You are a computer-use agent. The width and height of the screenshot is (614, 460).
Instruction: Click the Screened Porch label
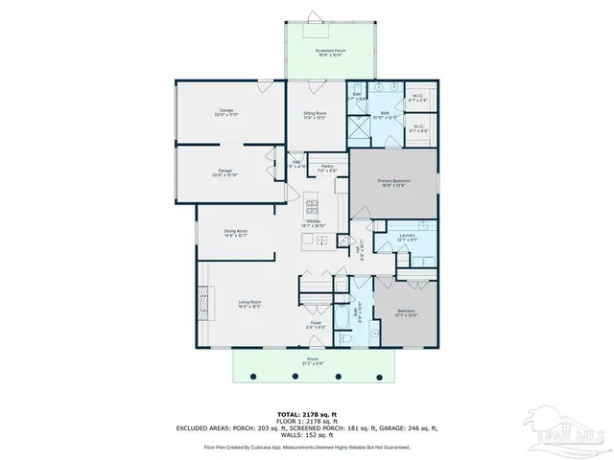click(331, 50)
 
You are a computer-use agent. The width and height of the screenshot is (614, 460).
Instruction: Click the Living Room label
click(249, 304)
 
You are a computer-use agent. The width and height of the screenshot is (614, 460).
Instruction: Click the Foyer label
click(315, 325)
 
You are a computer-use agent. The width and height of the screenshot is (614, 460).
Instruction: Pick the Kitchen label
click(314, 223)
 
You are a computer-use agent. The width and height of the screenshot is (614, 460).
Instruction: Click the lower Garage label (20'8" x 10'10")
click(225, 172)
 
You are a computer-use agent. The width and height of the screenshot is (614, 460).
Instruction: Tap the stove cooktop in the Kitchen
click(314, 204)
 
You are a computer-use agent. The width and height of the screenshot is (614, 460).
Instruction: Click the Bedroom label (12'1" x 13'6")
click(405, 310)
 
